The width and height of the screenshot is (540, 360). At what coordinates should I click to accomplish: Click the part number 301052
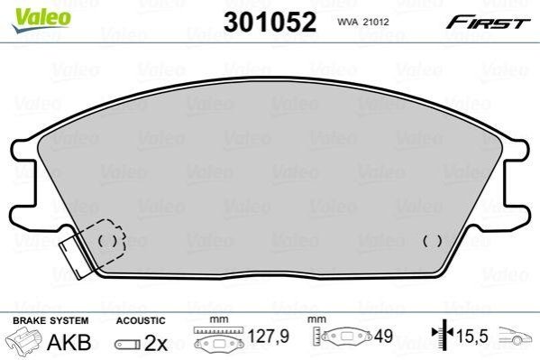270,22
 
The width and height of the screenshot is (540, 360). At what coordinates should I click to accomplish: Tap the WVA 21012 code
363,22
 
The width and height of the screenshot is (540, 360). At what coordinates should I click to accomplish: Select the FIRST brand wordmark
488,23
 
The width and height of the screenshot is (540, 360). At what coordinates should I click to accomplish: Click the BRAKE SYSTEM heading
50,320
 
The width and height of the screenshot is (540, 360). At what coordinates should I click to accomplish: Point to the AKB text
69,343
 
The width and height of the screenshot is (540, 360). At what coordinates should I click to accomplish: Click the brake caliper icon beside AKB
24,341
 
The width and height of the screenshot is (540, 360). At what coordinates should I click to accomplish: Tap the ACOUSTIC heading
141,320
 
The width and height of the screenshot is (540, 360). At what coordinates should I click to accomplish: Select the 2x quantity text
156,343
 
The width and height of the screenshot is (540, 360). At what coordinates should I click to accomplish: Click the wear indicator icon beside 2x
127,344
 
